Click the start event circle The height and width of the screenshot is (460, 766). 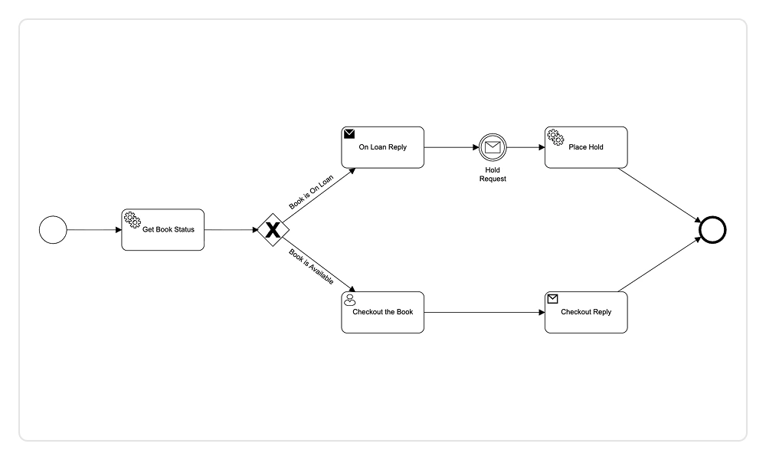click(x=53, y=229)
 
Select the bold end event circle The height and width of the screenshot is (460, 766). click(x=712, y=229)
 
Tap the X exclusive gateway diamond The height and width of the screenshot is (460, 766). click(x=272, y=229)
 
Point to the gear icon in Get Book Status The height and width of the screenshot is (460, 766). click(x=132, y=219)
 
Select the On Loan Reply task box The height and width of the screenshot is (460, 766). click(x=382, y=146)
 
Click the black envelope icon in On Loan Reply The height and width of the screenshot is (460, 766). click(x=349, y=133)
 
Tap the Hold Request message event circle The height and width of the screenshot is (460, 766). click(x=493, y=146)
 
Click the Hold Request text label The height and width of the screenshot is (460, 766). click(x=493, y=174)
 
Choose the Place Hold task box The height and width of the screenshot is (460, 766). click(x=586, y=146)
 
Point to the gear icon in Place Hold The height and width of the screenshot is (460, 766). click(x=555, y=136)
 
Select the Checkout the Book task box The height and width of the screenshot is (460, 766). click(x=382, y=312)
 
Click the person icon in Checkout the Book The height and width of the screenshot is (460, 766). click(x=350, y=300)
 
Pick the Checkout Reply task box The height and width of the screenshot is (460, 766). click(x=586, y=312)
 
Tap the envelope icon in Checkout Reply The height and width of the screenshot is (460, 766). click(x=553, y=298)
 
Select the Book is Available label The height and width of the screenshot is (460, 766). click(x=311, y=267)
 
